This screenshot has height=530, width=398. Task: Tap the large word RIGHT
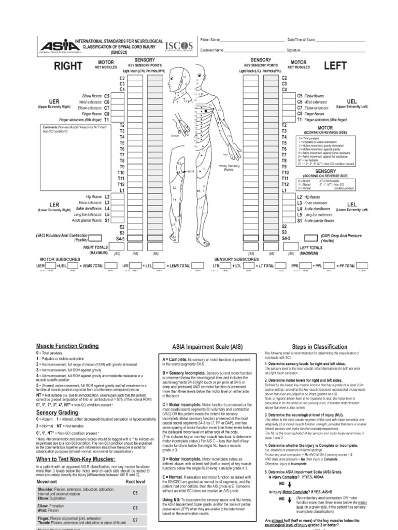tap(68, 66)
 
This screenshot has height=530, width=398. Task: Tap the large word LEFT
tap(334, 66)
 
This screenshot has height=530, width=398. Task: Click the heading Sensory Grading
tap(57, 413)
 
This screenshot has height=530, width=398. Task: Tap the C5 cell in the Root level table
tap(135, 493)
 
